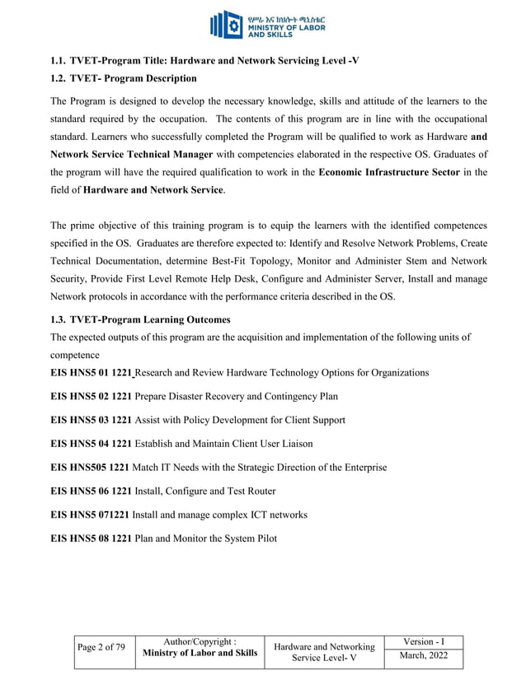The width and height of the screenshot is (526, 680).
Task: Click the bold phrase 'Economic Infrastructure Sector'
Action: pos(388,172)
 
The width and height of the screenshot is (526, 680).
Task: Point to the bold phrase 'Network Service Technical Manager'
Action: pos(132,155)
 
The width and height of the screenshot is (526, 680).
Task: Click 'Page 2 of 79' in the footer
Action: pos(101,647)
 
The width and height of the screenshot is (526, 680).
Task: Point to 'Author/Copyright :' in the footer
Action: pos(200,641)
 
